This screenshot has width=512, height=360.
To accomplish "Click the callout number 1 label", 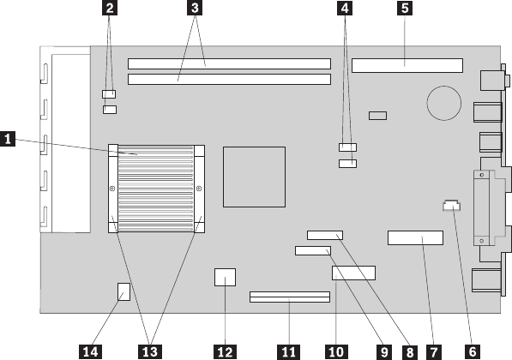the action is click(x=8, y=139).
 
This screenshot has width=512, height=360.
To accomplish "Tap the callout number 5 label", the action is click(x=405, y=9).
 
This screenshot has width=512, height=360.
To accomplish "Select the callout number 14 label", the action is click(x=90, y=351).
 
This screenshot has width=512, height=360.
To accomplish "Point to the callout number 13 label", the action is click(x=150, y=351).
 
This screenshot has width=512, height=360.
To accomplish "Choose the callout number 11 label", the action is click(x=289, y=351).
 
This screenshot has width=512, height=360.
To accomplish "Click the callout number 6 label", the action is click(x=472, y=351).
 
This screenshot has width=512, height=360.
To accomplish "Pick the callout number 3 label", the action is click(x=195, y=9).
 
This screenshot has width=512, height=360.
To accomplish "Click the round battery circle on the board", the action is click(x=443, y=103).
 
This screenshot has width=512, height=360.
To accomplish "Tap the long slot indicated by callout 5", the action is click(x=407, y=66).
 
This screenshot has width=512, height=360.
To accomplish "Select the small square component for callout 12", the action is click(x=225, y=277).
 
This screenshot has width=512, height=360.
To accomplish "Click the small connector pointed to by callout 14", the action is click(x=123, y=291).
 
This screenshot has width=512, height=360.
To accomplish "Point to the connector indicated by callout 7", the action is click(x=415, y=238).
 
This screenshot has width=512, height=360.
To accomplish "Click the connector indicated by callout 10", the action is click(x=353, y=273).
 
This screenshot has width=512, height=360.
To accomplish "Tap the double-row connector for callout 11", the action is click(x=290, y=297).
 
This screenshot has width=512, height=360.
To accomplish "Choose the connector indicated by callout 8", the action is click(x=325, y=235).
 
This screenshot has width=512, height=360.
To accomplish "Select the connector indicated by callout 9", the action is click(x=313, y=250).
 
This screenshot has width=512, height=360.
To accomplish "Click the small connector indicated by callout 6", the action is click(x=451, y=206).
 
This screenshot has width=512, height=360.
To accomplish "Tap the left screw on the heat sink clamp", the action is click(x=112, y=189).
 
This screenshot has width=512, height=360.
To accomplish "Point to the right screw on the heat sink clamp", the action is click(x=199, y=189).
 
